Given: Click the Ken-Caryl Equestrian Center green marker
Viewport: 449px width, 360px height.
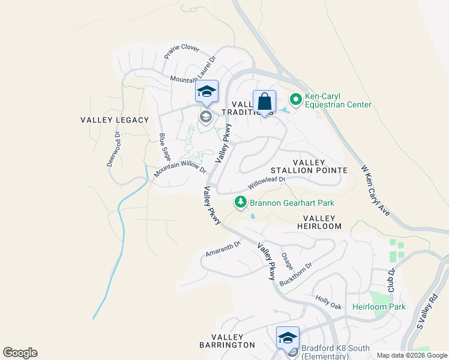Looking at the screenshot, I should (295, 100).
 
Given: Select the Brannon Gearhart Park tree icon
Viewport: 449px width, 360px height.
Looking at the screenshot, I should (241, 203).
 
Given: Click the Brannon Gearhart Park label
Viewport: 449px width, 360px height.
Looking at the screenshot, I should (292, 203).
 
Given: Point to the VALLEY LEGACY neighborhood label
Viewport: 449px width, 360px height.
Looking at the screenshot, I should (115, 120).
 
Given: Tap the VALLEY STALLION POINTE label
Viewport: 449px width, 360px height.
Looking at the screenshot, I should (320, 166).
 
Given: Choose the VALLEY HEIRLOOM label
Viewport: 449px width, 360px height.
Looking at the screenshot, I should (322, 222).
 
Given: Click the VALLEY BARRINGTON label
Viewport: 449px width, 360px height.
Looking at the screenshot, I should (227, 341).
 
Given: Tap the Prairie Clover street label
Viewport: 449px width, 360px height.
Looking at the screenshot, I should (182, 53).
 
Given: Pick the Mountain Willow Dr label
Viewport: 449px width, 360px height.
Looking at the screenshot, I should (179, 164).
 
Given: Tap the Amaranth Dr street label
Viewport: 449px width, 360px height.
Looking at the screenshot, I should (223, 249).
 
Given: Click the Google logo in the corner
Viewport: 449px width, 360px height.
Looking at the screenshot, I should (20, 353).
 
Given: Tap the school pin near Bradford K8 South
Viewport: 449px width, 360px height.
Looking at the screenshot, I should (288, 338).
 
